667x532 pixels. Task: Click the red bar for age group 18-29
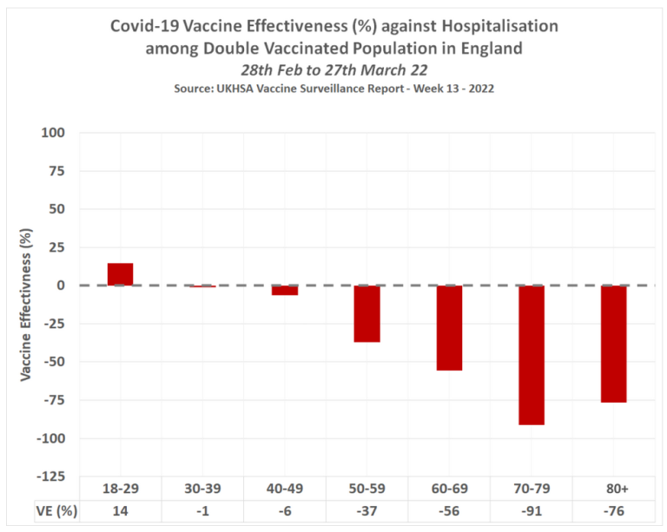(x=120, y=274)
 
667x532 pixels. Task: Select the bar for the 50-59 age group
(x=367, y=313)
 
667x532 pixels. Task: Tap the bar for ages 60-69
(x=449, y=328)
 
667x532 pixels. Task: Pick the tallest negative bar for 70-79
(x=532, y=355)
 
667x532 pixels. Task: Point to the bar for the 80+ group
(x=613, y=344)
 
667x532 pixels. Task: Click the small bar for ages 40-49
(x=285, y=291)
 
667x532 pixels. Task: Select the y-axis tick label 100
(x=54, y=133)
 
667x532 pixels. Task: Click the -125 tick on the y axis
(x=50, y=476)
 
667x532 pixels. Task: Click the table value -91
(x=532, y=510)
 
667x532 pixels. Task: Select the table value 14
(x=120, y=510)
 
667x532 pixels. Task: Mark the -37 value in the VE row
(x=367, y=510)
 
